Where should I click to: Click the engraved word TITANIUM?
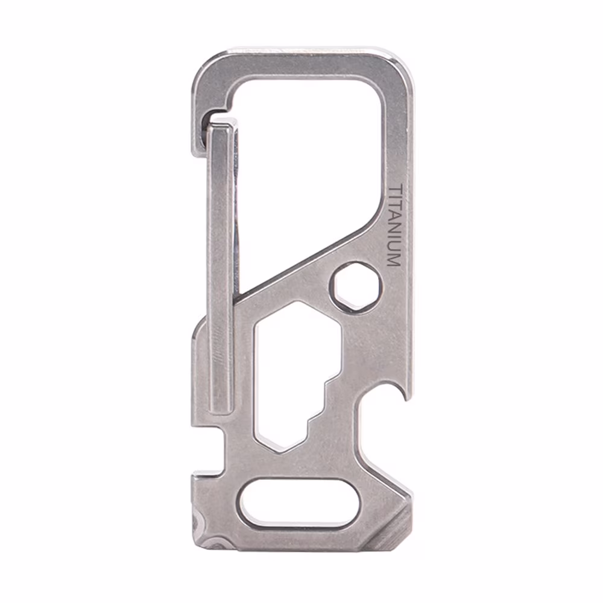(393, 226)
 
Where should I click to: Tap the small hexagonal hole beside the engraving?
(355, 286)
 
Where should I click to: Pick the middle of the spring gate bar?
(219, 265)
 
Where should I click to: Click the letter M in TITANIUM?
(393, 260)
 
